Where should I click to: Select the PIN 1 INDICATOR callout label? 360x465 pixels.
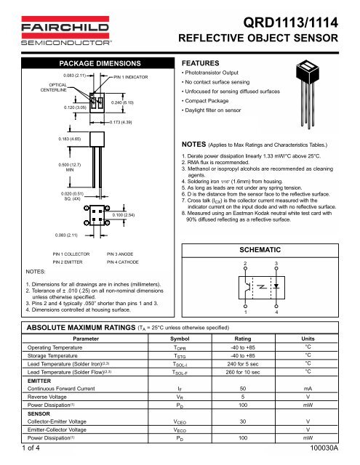click(132, 76)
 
